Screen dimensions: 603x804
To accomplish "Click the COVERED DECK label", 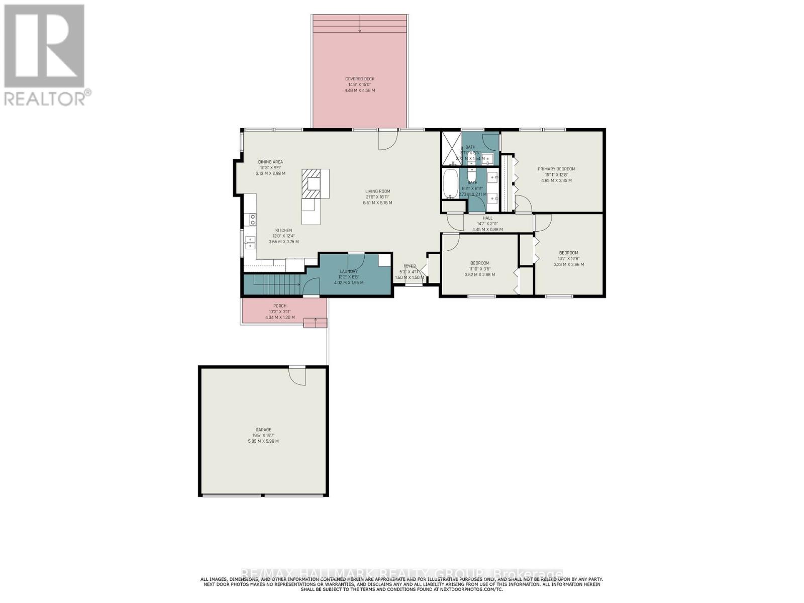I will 359,79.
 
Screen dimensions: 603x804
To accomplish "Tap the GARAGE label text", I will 263,430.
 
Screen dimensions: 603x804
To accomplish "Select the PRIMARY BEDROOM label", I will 556,169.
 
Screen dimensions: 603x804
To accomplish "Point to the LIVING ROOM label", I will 377,191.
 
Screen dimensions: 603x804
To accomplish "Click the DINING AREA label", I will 270,162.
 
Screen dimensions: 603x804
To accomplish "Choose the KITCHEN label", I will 283,230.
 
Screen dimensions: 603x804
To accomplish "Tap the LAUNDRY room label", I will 348,271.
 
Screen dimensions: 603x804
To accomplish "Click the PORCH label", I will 280,306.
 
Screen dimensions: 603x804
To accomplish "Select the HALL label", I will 487,218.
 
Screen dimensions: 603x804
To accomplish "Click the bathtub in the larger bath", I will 450,184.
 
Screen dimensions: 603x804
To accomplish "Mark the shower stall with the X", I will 451,149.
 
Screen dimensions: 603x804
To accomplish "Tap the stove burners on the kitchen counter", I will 250,219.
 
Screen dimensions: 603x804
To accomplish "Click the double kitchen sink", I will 250,242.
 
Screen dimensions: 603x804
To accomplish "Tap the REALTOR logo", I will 45,55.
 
